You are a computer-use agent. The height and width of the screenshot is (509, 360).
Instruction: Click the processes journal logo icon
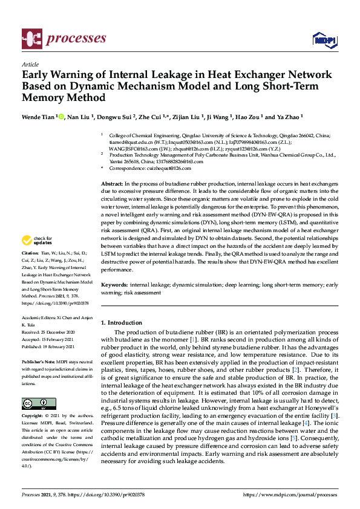click(x=31, y=39)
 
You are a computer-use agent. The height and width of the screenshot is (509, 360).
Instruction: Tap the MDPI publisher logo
click(x=324, y=40)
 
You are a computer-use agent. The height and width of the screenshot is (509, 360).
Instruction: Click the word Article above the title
click(x=30, y=64)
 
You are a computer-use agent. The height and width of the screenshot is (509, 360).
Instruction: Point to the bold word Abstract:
click(x=112, y=183)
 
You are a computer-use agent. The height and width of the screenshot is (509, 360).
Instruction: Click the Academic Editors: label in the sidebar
click(x=38, y=319)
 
